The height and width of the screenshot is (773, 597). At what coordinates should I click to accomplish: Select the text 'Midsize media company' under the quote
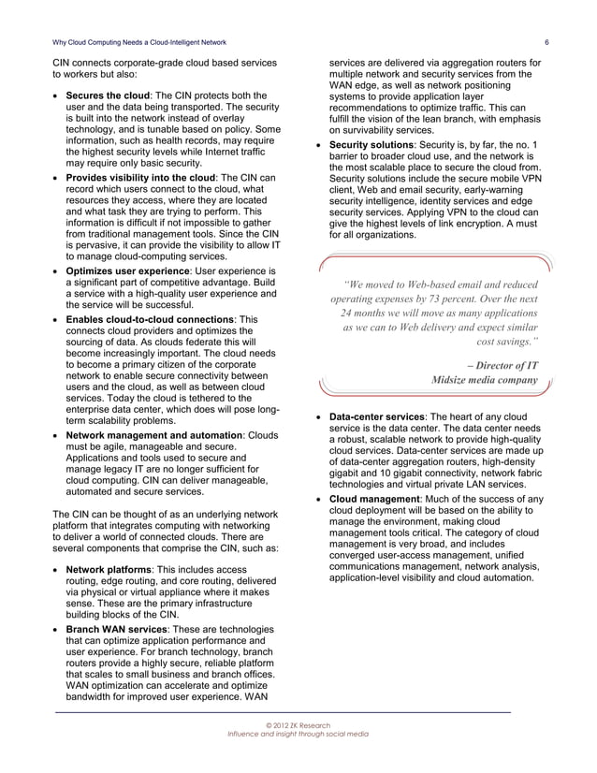click(x=484, y=381)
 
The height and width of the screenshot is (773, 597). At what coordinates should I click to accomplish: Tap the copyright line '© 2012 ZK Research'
click(x=298, y=725)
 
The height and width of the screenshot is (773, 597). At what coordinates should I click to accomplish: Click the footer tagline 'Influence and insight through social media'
click(x=298, y=735)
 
